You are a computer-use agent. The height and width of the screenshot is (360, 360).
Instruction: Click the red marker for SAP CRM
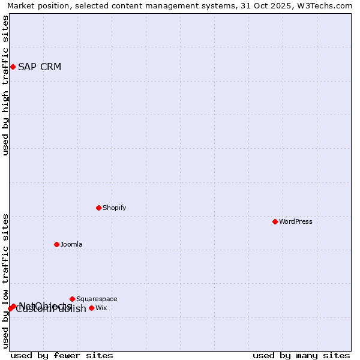13,67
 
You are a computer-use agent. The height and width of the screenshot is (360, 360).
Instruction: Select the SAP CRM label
40,67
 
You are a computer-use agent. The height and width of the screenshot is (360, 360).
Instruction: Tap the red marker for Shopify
98,208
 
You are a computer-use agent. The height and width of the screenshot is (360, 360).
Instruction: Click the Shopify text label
115,208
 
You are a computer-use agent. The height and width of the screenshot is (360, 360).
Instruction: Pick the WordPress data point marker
275,221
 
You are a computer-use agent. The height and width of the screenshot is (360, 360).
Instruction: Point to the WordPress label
296,221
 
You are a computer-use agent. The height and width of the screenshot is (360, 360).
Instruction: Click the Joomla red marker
56,244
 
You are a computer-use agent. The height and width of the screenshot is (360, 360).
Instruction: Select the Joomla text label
71,244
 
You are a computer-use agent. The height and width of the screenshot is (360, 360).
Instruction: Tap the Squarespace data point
72,299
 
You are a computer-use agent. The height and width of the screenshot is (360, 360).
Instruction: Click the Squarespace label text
97,299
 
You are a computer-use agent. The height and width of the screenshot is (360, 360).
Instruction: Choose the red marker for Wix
91,308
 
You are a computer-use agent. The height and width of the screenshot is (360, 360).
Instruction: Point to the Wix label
101,308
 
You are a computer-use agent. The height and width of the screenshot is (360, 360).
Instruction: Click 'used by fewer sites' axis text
62,355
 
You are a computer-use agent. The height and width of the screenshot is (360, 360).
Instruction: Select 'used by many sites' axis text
301,355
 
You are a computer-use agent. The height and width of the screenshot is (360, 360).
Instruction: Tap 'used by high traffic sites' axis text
5,85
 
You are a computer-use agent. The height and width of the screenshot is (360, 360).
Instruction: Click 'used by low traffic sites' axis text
5,281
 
